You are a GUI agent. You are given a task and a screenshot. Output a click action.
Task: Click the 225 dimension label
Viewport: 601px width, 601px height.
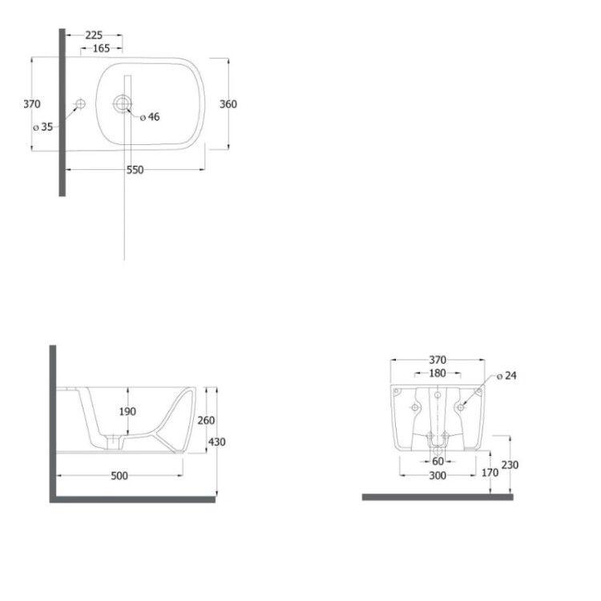(x=94, y=35)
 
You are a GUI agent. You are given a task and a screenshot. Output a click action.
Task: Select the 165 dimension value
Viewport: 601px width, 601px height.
(x=101, y=48)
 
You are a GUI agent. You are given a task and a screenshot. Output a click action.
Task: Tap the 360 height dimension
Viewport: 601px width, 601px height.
(x=228, y=104)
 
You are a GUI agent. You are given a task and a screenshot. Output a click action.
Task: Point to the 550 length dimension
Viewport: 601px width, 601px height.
(x=135, y=170)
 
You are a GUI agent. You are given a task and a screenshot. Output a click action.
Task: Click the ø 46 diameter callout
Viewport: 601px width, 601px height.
(x=150, y=117)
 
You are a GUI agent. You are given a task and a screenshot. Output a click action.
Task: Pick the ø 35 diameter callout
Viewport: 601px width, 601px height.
(x=43, y=127)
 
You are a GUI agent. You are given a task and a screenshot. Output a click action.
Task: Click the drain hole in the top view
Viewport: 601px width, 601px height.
(x=123, y=104)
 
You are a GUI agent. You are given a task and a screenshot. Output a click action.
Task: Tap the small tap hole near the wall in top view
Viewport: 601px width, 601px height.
(x=80, y=103)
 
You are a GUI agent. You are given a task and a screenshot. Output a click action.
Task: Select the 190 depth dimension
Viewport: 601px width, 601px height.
(x=127, y=411)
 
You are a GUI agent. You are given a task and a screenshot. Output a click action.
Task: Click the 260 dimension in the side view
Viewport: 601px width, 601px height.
(x=206, y=421)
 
